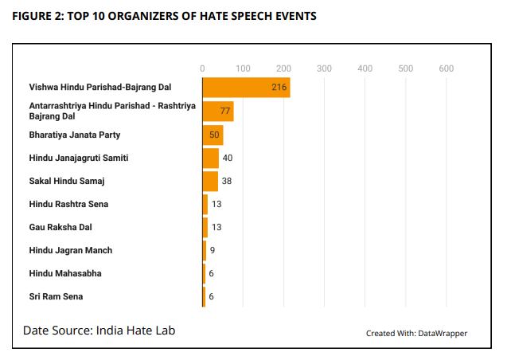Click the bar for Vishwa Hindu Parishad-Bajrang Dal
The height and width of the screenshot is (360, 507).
click(x=246, y=87)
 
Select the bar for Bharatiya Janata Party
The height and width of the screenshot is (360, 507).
click(x=213, y=135)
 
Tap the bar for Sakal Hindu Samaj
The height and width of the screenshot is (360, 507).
click(x=210, y=181)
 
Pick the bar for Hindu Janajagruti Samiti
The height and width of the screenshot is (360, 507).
click(x=210, y=158)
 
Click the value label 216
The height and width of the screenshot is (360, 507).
click(x=279, y=87)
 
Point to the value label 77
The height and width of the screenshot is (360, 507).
click(x=225, y=111)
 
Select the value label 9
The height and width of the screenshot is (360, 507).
click(x=212, y=251)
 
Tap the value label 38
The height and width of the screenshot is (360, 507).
click(x=227, y=182)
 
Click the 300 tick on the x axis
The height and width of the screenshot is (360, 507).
click(x=324, y=68)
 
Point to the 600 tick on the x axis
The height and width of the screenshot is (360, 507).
click(x=446, y=68)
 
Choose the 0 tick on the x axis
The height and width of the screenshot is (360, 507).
click(x=203, y=68)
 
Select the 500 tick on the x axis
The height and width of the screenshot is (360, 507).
click(x=406, y=68)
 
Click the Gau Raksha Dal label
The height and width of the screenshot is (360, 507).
click(x=60, y=227)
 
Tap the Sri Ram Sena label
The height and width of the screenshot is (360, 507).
click(x=56, y=297)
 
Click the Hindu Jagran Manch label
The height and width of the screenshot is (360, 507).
click(x=71, y=251)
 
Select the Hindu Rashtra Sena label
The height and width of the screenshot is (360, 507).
click(x=68, y=205)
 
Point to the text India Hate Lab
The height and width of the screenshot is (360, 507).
click(x=135, y=330)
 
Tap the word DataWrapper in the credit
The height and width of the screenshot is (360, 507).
click(x=443, y=333)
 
